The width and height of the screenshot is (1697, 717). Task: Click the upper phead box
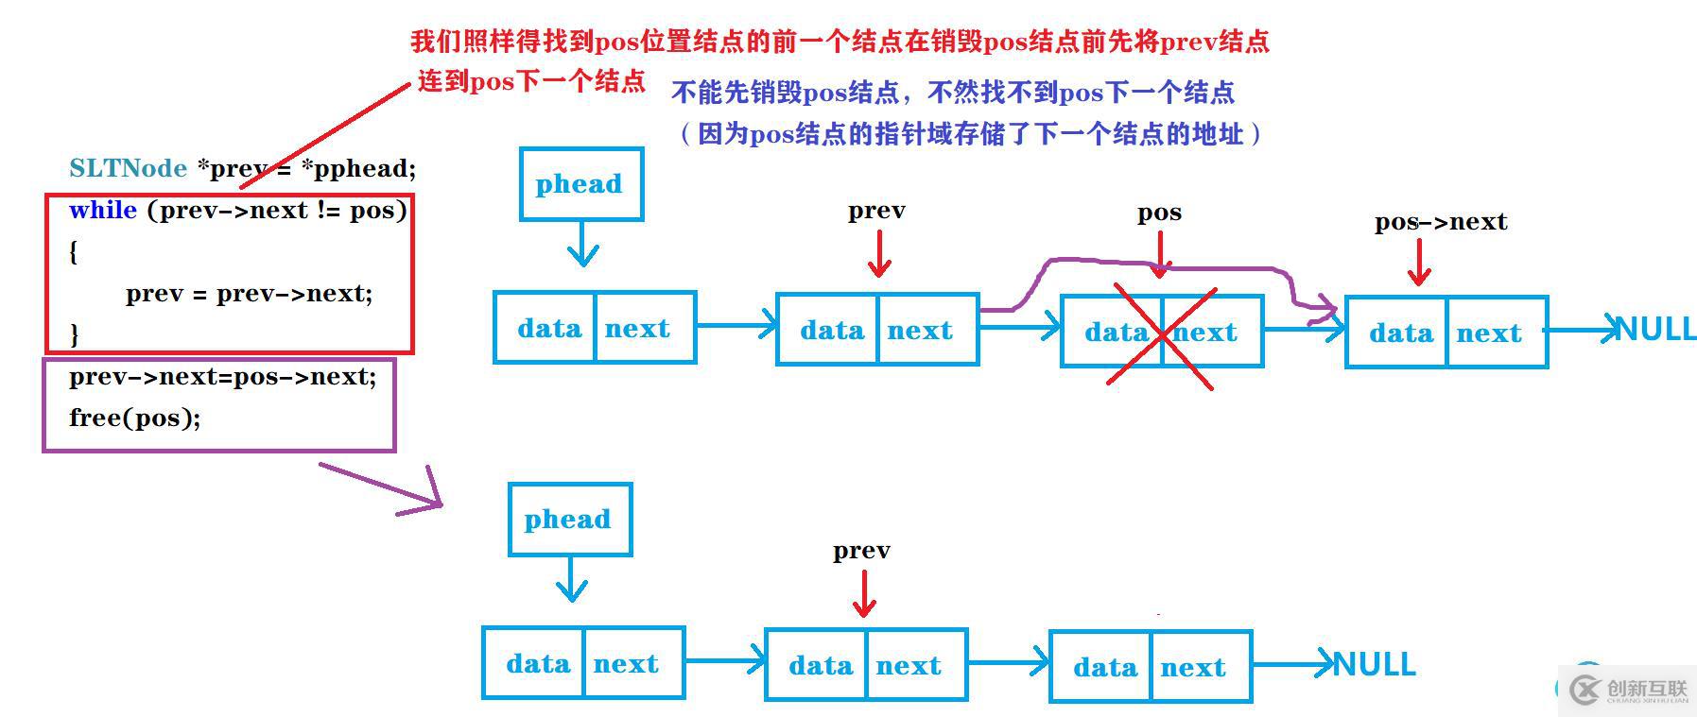(580, 184)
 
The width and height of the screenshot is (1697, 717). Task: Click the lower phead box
(569, 520)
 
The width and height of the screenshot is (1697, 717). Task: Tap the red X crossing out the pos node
(1162, 335)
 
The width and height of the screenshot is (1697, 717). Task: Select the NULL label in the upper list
(1656, 330)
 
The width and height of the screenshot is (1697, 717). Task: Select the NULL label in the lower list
(1375, 665)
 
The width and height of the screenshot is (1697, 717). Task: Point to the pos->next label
(1440, 222)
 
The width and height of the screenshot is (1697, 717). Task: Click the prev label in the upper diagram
(876, 211)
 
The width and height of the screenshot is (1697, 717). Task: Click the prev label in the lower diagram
(861, 551)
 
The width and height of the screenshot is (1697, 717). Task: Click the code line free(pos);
(134, 418)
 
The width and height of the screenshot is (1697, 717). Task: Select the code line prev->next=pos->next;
(222, 377)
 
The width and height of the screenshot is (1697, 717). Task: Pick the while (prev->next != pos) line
(237, 210)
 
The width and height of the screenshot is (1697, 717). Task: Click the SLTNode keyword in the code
(128, 168)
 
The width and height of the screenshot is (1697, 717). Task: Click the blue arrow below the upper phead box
(582, 245)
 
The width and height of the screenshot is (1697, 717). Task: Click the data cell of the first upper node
(548, 329)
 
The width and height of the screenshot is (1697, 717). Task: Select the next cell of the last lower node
(1193, 668)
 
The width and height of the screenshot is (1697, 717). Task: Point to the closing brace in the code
(75, 333)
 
